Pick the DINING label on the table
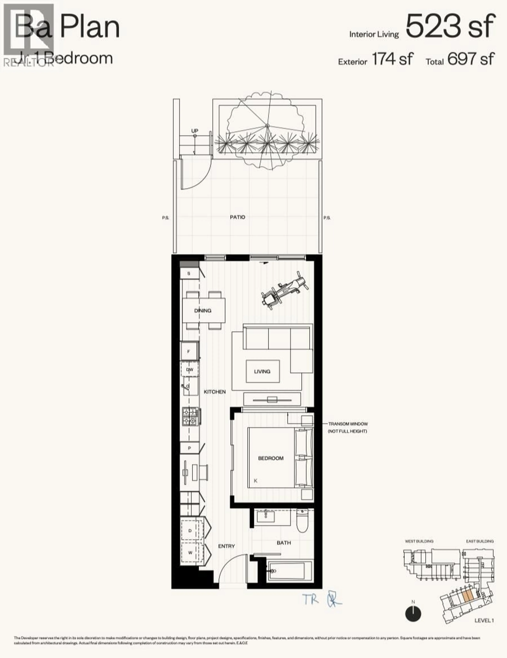tap(203, 310)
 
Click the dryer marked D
tap(190, 531)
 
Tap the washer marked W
tap(190, 552)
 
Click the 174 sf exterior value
tap(392, 59)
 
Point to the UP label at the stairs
tap(195, 131)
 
